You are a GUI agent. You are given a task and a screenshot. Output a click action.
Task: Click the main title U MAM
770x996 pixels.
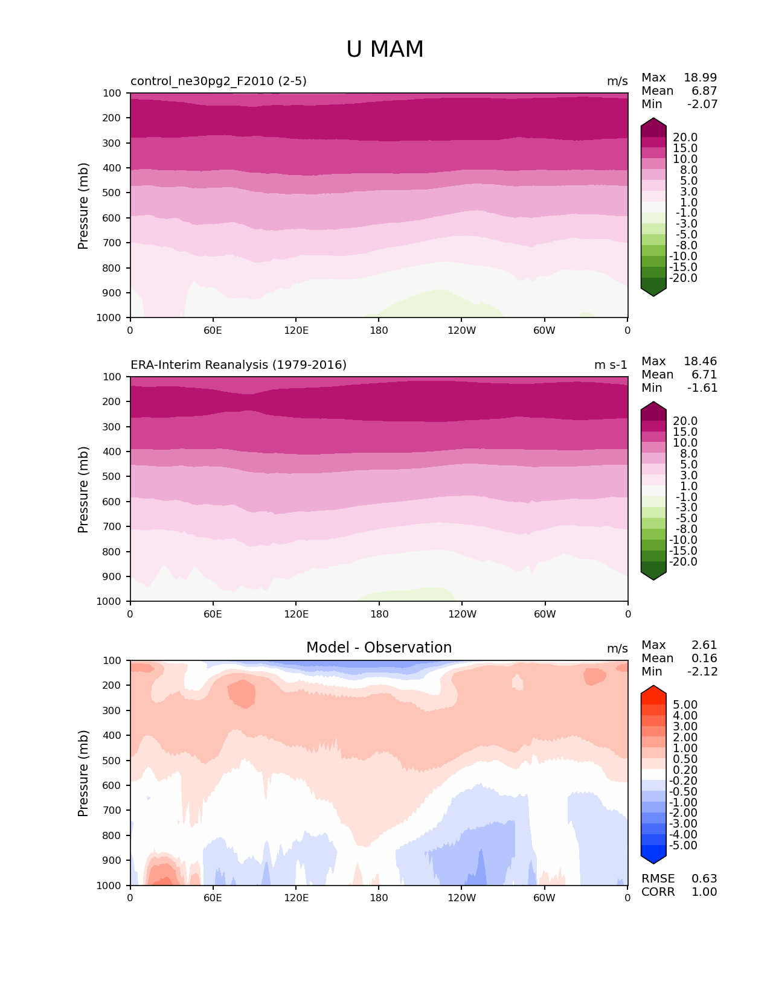click(x=385, y=49)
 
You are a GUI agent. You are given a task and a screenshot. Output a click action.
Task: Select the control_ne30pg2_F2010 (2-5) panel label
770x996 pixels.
click(x=219, y=81)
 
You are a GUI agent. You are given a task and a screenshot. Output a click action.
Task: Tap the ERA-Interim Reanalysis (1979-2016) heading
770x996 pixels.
click(x=239, y=365)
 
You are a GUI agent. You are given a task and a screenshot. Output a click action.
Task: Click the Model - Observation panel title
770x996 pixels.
click(x=379, y=648)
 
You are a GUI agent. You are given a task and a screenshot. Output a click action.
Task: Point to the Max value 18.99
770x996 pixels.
click(x=700, y=78)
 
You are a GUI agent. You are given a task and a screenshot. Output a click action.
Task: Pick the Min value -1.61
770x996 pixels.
click(x=702, y=388)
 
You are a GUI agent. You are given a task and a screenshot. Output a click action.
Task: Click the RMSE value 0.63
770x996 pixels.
click(x=704, y=879)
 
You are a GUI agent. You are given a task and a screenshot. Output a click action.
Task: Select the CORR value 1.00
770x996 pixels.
click(x=704, y=892)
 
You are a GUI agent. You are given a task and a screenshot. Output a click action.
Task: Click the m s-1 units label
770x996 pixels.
click(x=611, y=365)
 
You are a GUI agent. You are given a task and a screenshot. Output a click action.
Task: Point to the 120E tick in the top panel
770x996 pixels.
click(x=296, y=330)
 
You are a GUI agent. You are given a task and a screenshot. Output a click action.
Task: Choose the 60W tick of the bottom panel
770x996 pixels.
click(x=544, y=898)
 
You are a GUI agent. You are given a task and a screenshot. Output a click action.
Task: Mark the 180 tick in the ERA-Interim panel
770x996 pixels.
click(x=379, y=615)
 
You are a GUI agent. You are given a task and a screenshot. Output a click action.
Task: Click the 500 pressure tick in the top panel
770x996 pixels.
click(x=112, y=193)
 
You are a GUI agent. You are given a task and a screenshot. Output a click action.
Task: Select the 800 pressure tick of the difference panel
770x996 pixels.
click(x=112, y=835)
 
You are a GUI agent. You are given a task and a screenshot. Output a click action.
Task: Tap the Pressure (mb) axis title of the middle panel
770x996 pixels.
click(x=83, y=490)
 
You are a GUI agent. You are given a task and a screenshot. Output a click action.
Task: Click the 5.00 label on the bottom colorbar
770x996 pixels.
click(x=685, y=705)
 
